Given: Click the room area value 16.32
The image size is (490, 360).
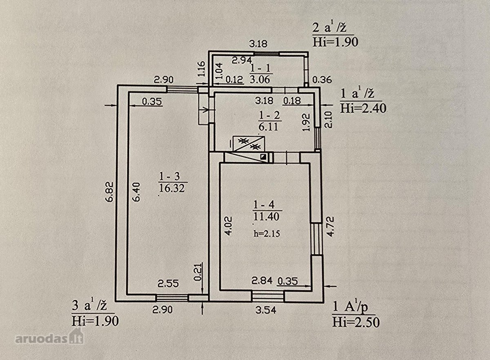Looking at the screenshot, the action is point(172,188).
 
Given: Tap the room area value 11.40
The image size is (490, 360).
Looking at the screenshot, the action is point(266,216).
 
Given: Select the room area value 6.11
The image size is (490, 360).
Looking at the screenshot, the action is point(268,127).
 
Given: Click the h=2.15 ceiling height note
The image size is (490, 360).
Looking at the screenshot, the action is point(267,234).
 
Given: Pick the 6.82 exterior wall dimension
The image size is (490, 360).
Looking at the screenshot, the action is point(111,191).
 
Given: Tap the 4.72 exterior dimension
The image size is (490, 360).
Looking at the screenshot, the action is point(330,227).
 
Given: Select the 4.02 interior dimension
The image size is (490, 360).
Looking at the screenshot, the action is point(228,226).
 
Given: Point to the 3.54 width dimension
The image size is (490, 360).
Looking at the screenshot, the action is point(266,310).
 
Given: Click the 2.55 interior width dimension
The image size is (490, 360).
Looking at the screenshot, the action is point(168,284).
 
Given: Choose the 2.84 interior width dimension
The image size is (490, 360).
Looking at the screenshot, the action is point(262,280).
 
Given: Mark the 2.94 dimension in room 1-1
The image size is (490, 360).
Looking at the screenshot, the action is point(242,60).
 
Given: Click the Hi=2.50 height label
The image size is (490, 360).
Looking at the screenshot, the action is point(356,322).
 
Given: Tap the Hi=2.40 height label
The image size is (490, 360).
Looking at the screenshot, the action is point(363,108).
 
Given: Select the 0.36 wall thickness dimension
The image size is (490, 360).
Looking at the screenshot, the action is point(322,80).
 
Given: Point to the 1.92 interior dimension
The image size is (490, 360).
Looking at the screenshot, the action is point(307,122).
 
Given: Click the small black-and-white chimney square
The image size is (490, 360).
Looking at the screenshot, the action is point(263,157).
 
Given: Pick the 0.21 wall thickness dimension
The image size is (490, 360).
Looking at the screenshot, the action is point(198,272).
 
